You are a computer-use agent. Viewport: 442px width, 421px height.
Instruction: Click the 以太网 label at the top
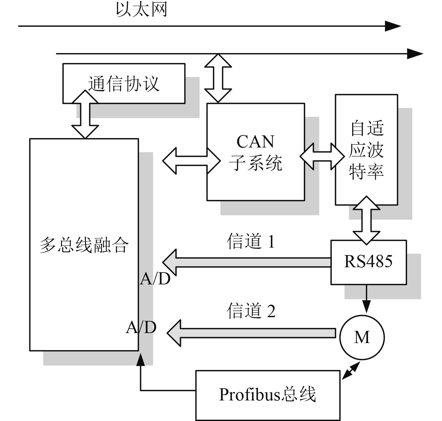tap(141, 9)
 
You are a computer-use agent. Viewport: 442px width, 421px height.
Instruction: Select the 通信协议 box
tap(124, 83)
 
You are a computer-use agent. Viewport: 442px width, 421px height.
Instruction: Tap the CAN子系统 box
tap(255, 152)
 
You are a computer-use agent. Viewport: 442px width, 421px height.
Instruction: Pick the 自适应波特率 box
tap(366, 150)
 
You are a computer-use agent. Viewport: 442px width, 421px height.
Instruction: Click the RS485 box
tap(368, 262)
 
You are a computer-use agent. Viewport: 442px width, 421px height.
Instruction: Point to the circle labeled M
tap(362, 337)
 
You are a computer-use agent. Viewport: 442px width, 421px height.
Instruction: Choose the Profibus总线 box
tap(267, 395)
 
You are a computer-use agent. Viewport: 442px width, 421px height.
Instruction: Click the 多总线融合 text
tap(84, 245)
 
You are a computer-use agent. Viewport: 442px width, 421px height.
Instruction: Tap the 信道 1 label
tap(251, 241)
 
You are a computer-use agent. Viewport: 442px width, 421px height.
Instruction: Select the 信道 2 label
tap(251, 311)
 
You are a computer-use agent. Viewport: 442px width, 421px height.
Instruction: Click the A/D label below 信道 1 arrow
tap(155, 279)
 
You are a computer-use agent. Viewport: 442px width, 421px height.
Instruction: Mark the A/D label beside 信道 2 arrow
tap(141, 328)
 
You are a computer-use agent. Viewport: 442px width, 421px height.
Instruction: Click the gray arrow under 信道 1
tap(246, 263)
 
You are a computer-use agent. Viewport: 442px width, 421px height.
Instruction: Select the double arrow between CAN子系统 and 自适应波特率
tap(322, 157)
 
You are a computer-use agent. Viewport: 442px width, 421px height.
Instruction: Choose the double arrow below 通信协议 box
tap(85, 114)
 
